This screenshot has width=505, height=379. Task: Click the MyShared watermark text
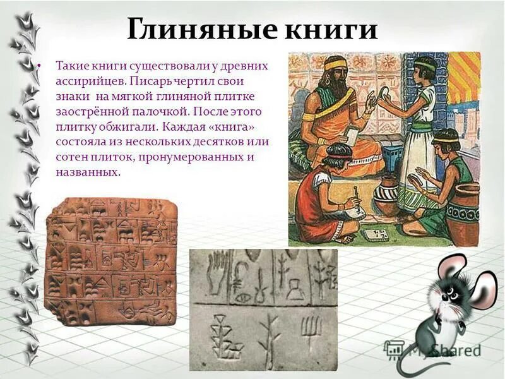[x=442, y=349]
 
